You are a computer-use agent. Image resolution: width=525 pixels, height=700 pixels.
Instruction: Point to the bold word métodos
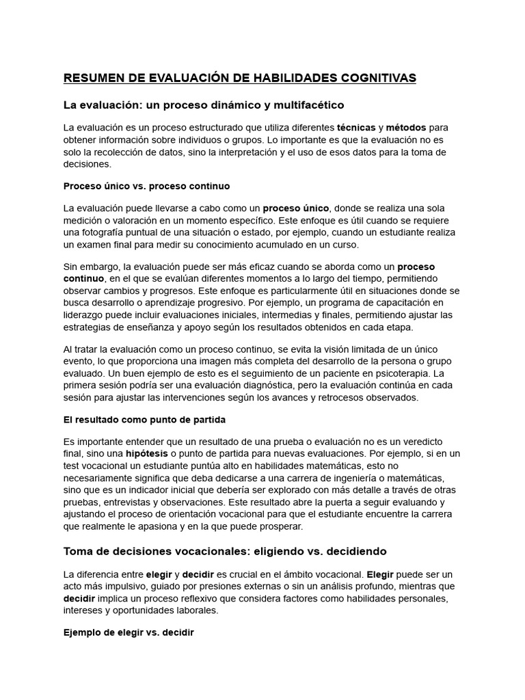tap(406, 127)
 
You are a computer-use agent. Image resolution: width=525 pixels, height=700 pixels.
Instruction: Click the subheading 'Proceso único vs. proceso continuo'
tap(146, 185)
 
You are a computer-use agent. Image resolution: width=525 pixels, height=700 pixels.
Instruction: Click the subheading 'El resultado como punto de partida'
tap(144, 419)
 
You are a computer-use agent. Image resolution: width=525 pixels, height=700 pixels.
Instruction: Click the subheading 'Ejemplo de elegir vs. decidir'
tap(129, 633)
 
